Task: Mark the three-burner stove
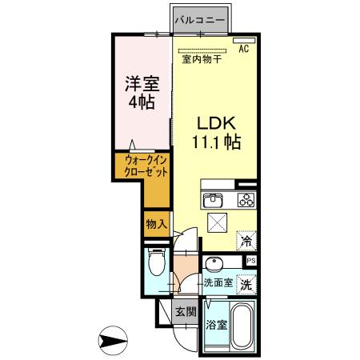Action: click(244, 200)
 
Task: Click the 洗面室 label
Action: click(217, 283)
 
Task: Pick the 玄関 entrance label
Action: click(186, 312)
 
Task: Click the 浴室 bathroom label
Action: click(216, 326)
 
